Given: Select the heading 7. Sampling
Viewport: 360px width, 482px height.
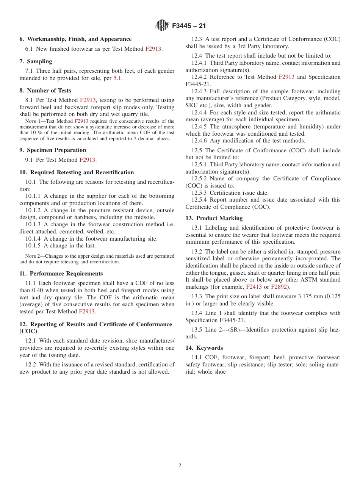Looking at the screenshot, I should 36,61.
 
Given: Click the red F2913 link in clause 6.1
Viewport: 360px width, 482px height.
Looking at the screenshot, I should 153,49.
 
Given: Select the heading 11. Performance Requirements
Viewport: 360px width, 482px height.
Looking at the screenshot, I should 61,274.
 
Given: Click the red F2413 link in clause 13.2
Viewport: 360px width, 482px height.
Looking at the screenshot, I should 254,287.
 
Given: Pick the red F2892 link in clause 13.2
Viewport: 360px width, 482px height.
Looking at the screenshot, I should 279,287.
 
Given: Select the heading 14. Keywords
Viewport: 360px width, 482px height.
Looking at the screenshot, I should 204,348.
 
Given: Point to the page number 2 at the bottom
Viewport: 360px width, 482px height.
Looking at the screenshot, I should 180,466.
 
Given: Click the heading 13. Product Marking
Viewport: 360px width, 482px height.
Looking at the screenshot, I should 214,218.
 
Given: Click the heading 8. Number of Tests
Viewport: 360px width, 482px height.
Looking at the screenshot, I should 45,91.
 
